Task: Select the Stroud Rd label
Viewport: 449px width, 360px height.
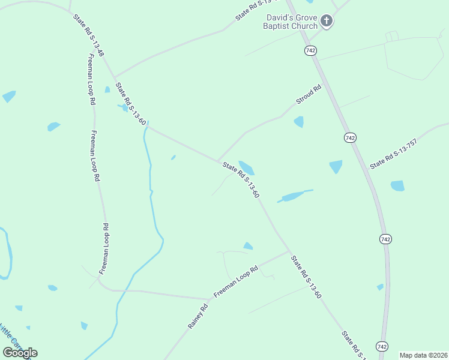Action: pyautogui.click(x=308, y=95)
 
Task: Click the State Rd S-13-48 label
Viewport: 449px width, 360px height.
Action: pyautogui.click(x=89, y=36)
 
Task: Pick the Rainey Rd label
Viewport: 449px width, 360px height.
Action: pyautogui.click(x=197, y=316)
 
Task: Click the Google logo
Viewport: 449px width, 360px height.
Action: pyautogui.click(x=20, y=352)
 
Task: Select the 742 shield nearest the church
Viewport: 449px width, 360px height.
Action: pyautogui.click(x=310, y=51)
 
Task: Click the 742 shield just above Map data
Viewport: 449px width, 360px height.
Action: pyautogui.click(x=382, y=346)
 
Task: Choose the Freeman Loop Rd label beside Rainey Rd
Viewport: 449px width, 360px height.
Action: pyautogui.click(x=235, y=282)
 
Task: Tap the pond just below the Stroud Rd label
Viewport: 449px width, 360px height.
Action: pyautogui.click(x=299, y=122)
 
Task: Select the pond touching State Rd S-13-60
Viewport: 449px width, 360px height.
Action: pyautogui.click(x=246, y=167)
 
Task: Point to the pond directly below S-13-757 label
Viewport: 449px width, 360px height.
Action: pyautogui.click(x=397, y=186)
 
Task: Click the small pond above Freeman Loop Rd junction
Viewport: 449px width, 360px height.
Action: pyautogui.click(x=248, y=246)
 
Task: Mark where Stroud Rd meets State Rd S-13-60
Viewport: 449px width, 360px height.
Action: pyautogui.click(x=217, y=160)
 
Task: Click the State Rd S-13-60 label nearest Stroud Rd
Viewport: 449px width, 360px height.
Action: pyautogui.click(x=240, y=180)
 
